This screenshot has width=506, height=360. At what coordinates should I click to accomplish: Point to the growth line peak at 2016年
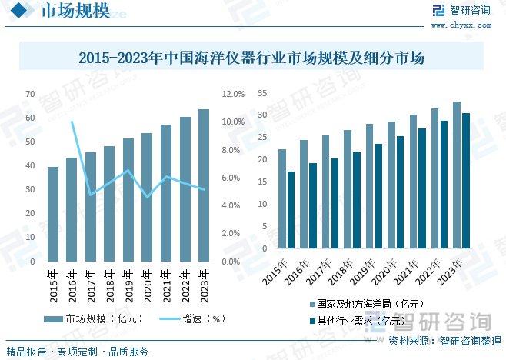point(72,122)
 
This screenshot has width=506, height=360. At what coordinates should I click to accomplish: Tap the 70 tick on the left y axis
point(30,94)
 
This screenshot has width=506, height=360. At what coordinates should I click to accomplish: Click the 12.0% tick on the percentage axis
point(233,94)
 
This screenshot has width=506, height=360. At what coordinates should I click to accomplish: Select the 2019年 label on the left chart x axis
point(127,285)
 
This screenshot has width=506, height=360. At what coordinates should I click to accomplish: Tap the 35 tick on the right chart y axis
point(261,94)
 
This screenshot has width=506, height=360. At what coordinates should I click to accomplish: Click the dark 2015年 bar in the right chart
point(291,212)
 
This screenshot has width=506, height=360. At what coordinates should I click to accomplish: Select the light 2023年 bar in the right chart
point(457,175)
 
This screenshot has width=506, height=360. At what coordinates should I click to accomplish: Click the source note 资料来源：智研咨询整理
point(444,340)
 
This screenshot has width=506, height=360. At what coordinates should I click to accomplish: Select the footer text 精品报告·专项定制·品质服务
point(77,352)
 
